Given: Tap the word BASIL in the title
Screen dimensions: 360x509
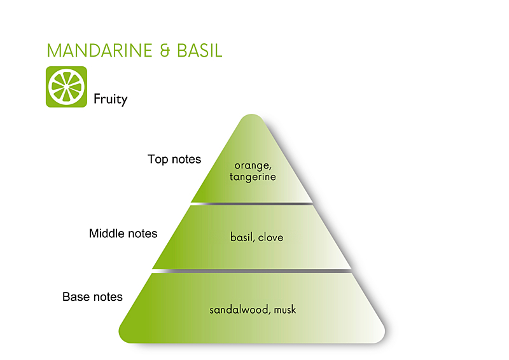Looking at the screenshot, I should pyautogui.click(x=198, y=51).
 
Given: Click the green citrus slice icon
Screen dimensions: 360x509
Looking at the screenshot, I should pyautogui.click(x=66, y=87).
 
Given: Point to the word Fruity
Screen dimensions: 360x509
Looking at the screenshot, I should pyautogui.click(x=111, y=99).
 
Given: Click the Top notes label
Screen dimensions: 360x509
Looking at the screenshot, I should pyautogui.click(x=174, y=159).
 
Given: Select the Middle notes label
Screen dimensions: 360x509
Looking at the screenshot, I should pyautogui.click(x=123, y=233).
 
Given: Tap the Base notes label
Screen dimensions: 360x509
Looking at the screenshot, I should pyautogui.click(x=92, y=296).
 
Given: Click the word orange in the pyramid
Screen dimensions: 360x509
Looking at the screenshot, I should pyautogui.click(x=253, y=165).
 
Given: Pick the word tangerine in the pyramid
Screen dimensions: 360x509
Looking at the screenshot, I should pyautogui.click(x=253, y=177).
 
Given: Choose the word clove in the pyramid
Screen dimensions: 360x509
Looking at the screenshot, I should pyautogui.click(x=270, y=237).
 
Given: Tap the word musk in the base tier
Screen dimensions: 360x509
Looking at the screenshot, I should pyautogui.click(x=284, y=310).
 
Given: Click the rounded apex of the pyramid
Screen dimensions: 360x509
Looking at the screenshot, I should pyautogui.click(x=253, y=118).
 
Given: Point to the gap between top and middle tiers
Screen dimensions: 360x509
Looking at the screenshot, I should pyautogui.click(x=253, y=204).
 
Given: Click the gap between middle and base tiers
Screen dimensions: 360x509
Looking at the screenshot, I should pyautogui.click(x=253, y=271).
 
